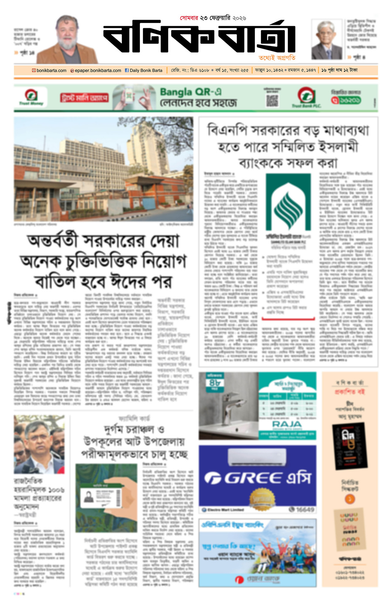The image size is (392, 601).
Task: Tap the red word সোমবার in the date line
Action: pos(189,18)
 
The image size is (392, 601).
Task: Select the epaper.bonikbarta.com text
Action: pos(98,70)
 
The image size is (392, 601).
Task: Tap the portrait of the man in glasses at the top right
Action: pos(326,40)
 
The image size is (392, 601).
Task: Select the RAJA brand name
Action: pos(287,424)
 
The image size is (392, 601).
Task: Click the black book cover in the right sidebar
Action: pos(350,445)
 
